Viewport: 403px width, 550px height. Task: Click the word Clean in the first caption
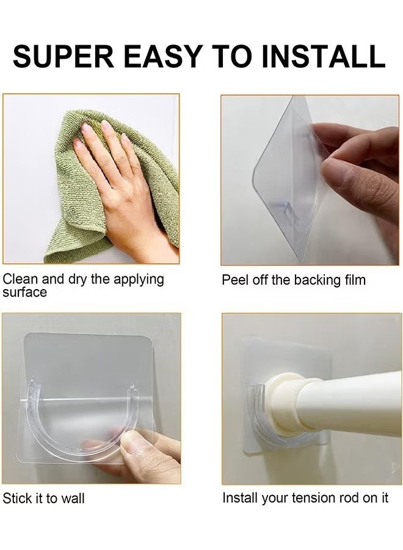click(x=20, y=279)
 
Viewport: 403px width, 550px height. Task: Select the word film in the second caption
click(x=353, y=280)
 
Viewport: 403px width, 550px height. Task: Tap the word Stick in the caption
click(x=16, y=498)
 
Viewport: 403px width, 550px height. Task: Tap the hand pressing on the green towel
click(x=116, y=177)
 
